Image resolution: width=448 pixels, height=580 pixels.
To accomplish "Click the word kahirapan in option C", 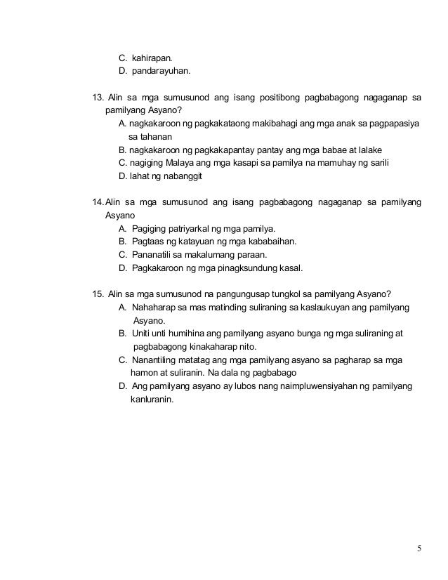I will pyautogui.click(x=151, y=57).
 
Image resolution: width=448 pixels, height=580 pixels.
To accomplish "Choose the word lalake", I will pyautogui.click(x=376, y=150).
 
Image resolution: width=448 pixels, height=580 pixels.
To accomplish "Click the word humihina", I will pyautogui.click(x=186, y=334).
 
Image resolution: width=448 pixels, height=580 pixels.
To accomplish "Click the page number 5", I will pyautogui.click(x=419, y=549).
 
